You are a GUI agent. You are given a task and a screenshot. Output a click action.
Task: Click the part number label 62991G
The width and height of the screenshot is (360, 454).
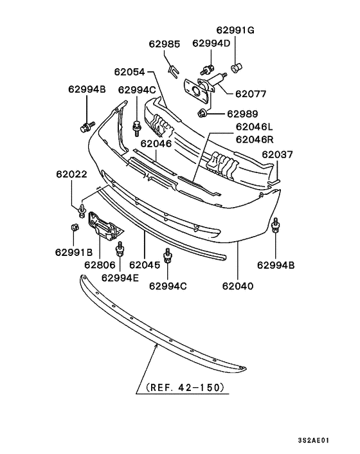point(235,30)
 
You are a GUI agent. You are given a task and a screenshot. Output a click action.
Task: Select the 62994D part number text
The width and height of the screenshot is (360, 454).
point(211,43)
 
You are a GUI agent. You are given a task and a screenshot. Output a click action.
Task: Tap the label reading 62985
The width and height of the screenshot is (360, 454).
point(165,44)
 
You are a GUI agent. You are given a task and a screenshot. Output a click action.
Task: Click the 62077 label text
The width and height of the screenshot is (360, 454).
point(250,93)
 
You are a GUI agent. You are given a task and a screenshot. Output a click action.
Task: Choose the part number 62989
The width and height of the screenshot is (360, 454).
point(242,114)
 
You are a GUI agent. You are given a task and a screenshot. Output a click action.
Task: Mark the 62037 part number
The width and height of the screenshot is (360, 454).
point(277,155)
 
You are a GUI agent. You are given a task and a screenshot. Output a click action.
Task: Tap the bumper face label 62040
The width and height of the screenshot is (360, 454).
point(237,286)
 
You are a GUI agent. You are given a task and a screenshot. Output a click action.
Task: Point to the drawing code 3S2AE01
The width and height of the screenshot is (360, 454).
point(313,440)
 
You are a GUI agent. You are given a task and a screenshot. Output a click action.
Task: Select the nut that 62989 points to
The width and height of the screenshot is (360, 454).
point(203,114)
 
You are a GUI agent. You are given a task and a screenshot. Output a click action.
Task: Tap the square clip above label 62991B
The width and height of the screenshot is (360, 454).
point(73,227)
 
